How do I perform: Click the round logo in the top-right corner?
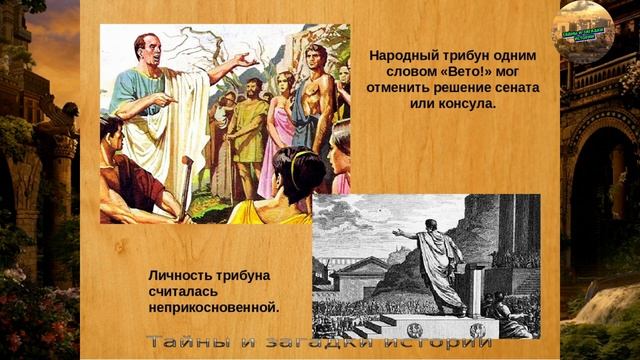pos(585,31)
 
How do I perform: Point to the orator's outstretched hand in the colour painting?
pos(245,62)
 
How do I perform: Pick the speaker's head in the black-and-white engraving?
pos(430,225)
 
